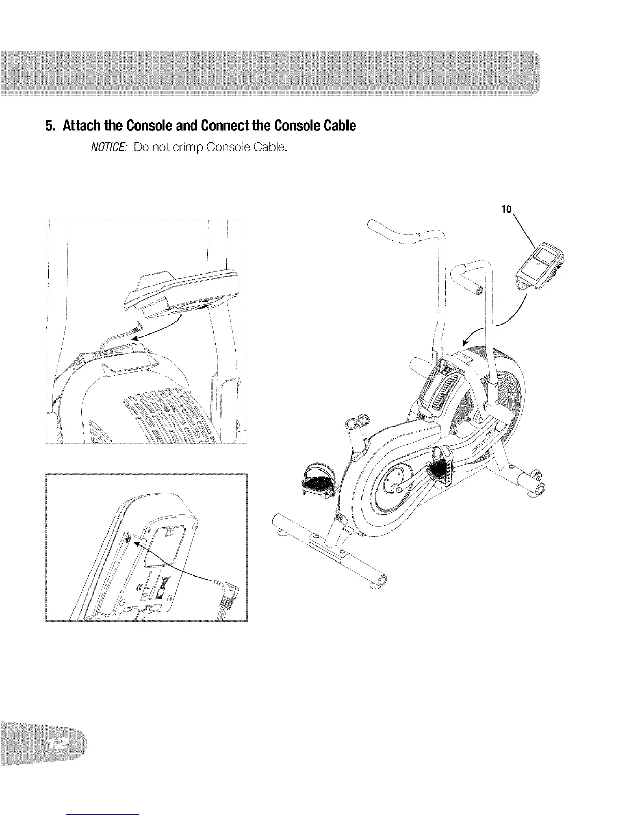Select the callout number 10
pos(506,209)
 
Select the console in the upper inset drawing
pos(181,293)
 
